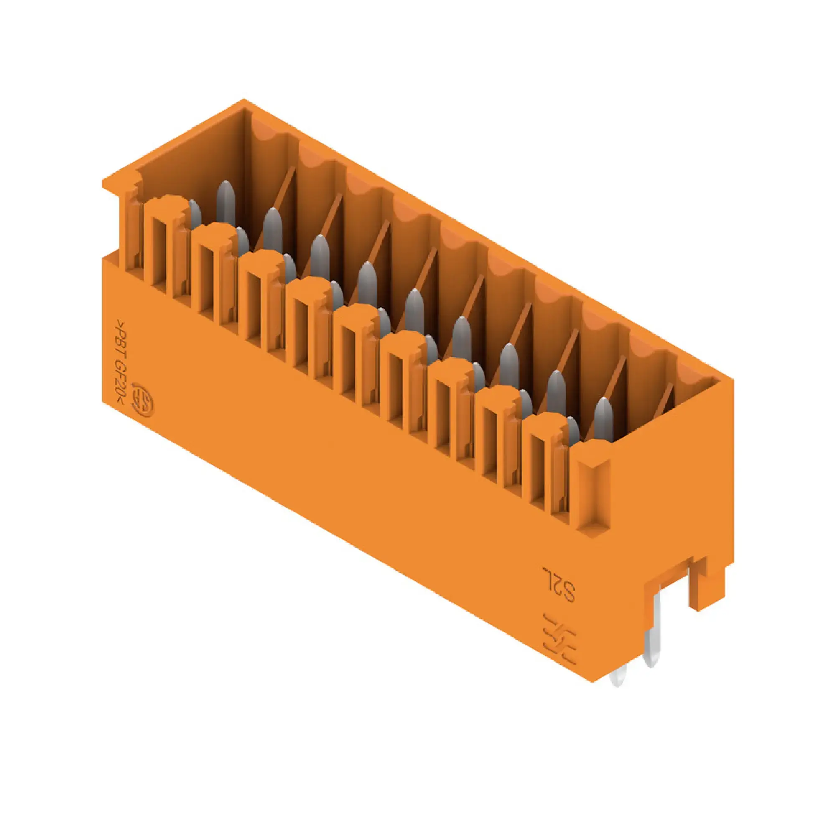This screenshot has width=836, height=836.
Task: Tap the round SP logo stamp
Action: click(x=143, y=399)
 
